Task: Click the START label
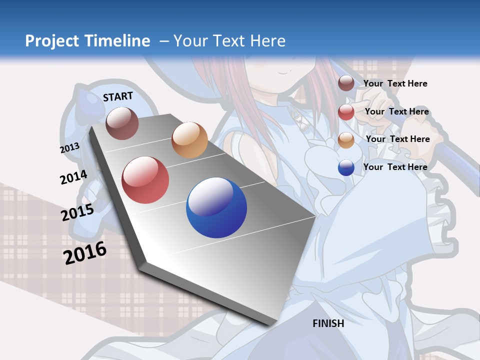[118, 96]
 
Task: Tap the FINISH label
[328, 323]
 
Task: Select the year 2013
[69, 148]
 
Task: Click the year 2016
[85, 253]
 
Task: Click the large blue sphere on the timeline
[216, 207]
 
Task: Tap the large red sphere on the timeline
[145, 180]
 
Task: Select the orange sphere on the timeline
[189, 140]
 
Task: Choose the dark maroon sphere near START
[122, 123]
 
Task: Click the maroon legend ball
[346, 83]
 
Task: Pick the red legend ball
[346, 112]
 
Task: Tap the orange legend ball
[346, 140]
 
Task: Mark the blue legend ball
[346, 168]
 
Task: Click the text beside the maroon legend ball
[395, 83]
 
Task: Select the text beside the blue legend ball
[395, 167]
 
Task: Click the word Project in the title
[52, 41]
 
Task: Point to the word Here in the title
[268, 41]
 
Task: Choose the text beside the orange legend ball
[397, 139]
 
